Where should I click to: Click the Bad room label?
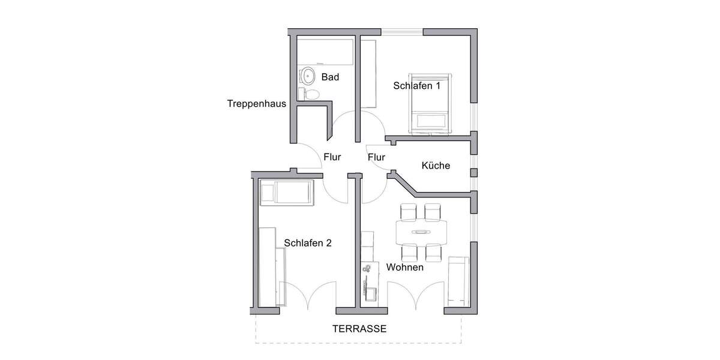[330, 77]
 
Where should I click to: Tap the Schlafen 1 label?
[417, 86]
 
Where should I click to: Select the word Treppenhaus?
[256, 103]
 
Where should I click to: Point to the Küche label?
[436, 166]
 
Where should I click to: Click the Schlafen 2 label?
[308, 243]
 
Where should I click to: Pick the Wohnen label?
[405, 267]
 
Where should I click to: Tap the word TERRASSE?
[360, 329]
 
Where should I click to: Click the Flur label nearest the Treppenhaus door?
[332, 157]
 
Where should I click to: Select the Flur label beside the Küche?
[376, 157]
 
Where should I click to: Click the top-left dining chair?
[409, 212]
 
